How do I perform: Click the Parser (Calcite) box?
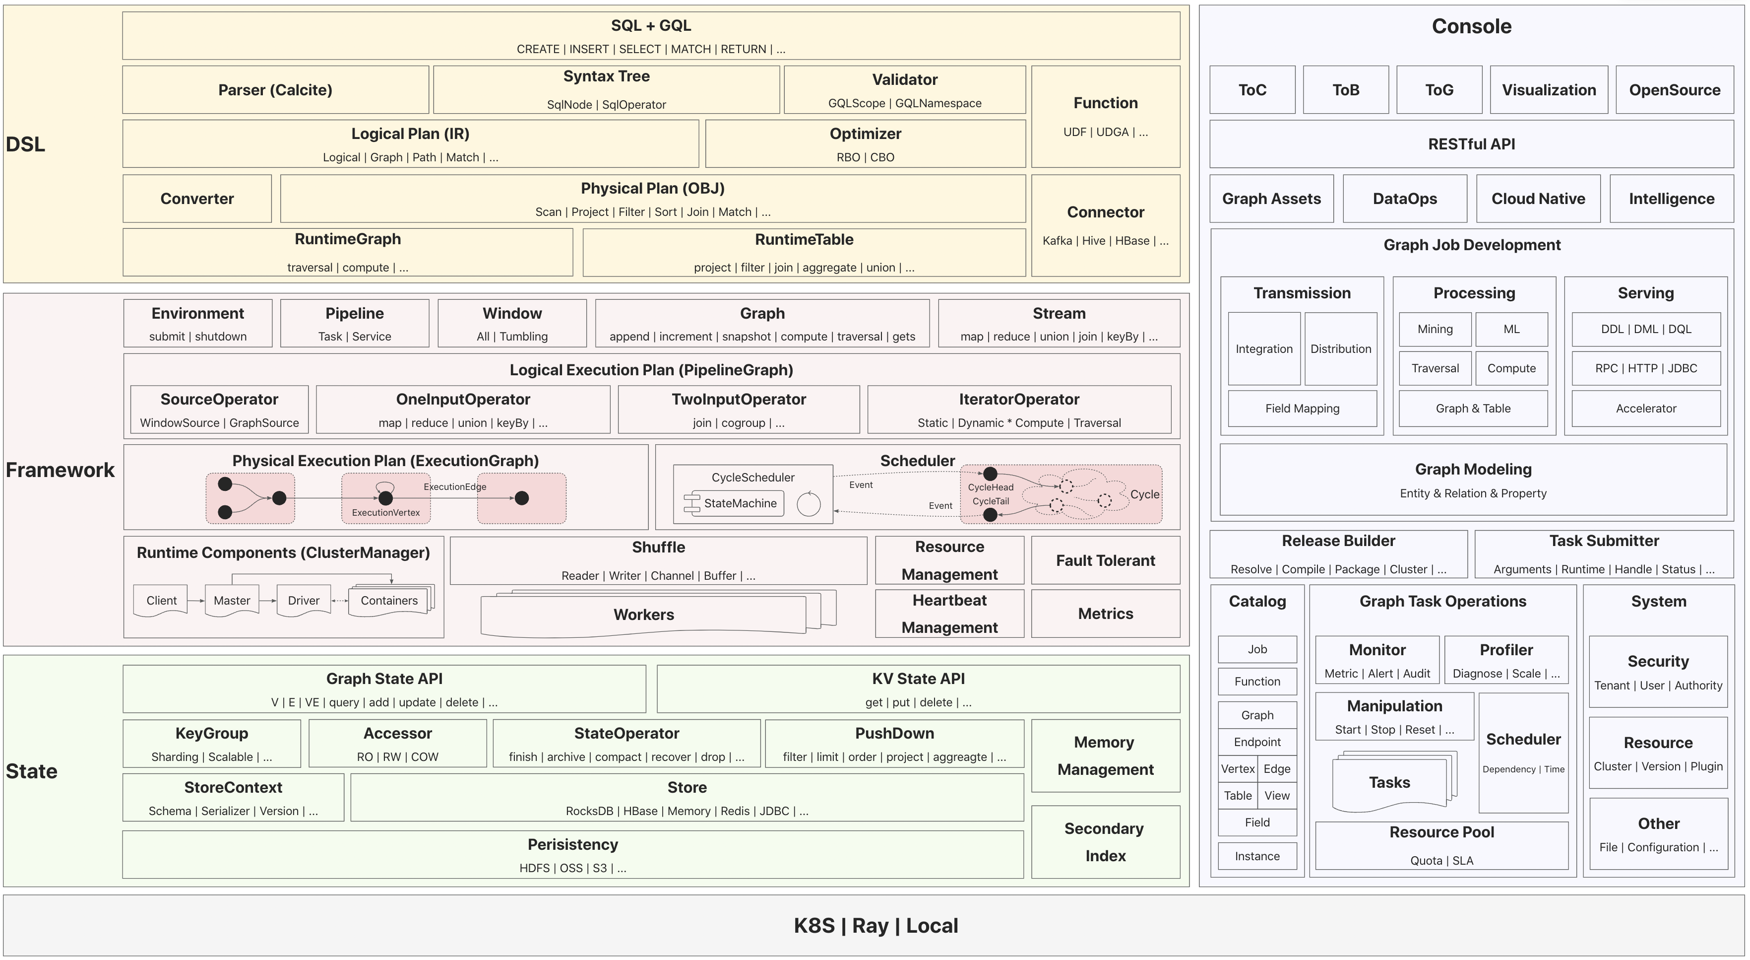275,90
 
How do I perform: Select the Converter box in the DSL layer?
197,199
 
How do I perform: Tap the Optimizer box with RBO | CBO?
865,144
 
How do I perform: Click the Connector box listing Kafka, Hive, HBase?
1105,225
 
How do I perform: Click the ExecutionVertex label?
386,513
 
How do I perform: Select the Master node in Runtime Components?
232,600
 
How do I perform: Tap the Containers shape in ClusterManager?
388,600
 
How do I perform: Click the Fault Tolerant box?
1105,560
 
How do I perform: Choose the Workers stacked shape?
643,615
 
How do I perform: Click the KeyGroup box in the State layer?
211,743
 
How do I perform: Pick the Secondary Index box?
1105,842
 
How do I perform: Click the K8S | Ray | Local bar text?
875,925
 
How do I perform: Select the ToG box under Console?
1439,90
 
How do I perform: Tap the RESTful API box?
1471,144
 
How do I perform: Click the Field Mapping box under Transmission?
1302,408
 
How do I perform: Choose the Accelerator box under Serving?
1645,408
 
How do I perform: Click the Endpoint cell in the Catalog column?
1257,742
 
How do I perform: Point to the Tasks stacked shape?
1389,783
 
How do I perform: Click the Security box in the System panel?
1658,672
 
